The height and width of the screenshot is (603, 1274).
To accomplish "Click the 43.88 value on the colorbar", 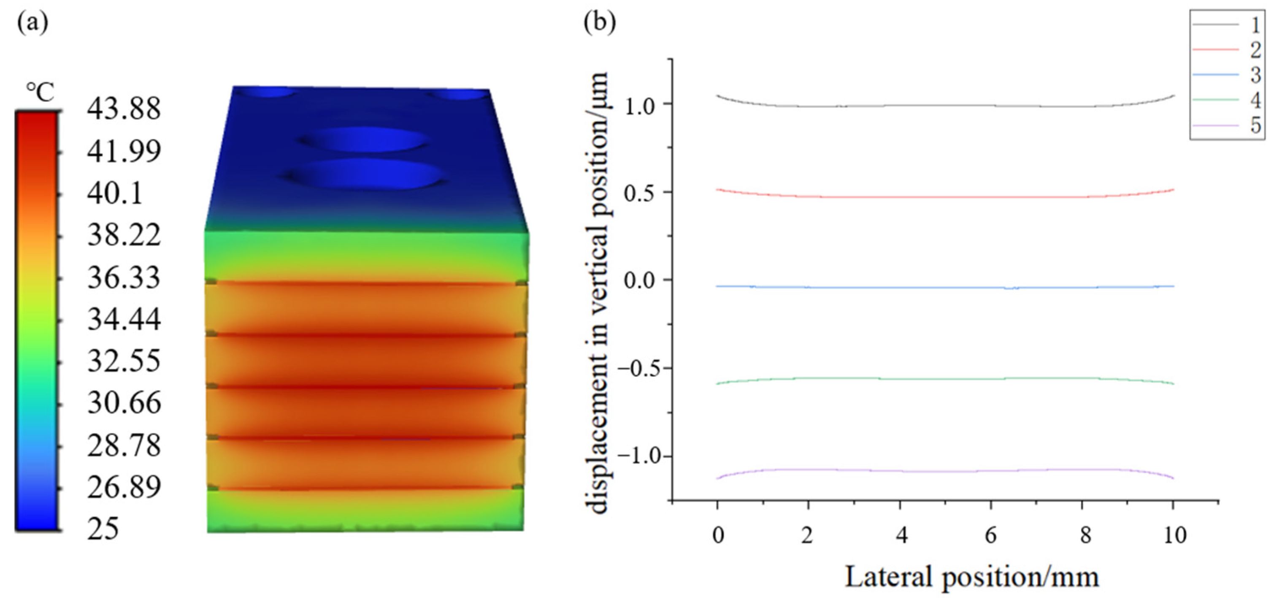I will (124, 109).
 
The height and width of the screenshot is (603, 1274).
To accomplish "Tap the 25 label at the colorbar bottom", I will (103, 529).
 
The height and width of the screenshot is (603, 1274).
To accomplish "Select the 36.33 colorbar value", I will (124, 277).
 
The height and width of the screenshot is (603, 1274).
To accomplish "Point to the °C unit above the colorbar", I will (41, 92).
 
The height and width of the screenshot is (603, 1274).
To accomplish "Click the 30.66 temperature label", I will (124, 403).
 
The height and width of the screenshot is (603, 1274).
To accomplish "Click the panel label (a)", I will (32, 23).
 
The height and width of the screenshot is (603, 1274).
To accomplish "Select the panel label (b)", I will (599, 23).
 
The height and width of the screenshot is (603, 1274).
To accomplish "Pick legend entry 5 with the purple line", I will (1226, 126).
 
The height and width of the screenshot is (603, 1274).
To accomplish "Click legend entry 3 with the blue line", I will (1226, 75).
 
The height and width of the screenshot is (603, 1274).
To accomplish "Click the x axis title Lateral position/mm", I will (971, 577).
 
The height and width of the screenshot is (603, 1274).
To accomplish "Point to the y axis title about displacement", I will (598, 292).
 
